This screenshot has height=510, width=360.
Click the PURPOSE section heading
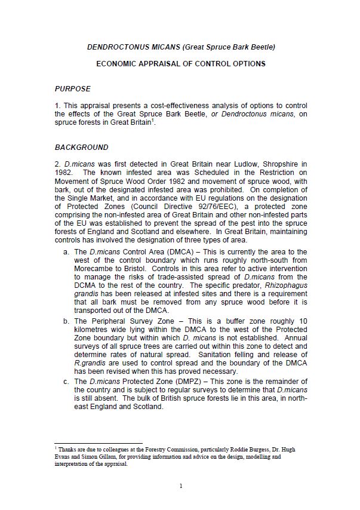[x=73, y=89]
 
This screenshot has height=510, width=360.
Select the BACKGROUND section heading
[x=82, y=147]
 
